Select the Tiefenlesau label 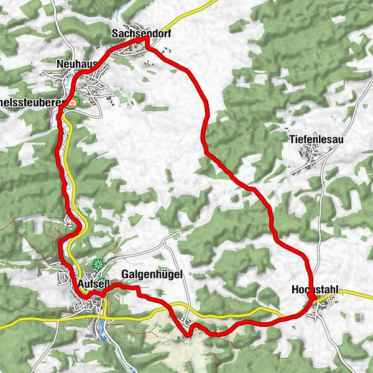click(x=316, y=140)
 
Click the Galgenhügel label click(x=148, y=274)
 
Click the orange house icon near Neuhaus click(x=73, y=103)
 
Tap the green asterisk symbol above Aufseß click(x=98, y=264)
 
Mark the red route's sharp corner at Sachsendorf click(x=147, y=39)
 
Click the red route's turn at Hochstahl click(x=313, y=300)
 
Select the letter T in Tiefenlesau click(x=292, y=140)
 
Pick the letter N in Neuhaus click(x=60, y=65)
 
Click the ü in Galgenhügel click(x=157, y=274)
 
